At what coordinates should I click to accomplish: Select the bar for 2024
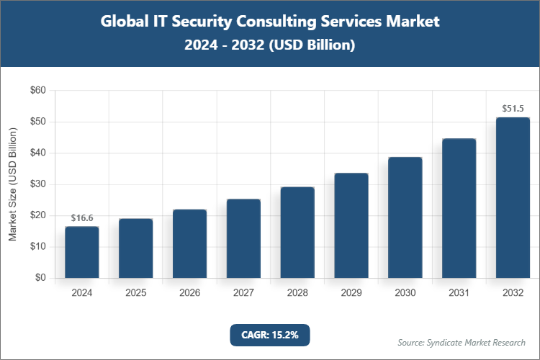81,252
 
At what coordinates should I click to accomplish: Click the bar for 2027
243,238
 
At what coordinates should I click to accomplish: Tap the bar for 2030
405,217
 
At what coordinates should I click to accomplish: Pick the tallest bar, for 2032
513,197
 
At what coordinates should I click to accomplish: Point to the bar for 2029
351,225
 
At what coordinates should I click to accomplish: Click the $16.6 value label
81,217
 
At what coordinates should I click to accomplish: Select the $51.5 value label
513,109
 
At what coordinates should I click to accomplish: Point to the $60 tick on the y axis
37,91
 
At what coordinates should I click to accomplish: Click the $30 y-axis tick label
37,184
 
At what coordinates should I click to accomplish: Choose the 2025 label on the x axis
135,293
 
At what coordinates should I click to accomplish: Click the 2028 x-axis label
297,293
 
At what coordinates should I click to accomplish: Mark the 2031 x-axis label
459,293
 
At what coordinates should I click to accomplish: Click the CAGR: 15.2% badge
269,334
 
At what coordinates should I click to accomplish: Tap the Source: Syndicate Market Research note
461,342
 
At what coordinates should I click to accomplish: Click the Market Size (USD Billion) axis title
12,184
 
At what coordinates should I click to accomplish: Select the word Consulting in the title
268,22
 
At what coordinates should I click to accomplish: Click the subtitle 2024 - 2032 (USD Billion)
269,45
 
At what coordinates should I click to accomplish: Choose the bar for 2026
189,243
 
